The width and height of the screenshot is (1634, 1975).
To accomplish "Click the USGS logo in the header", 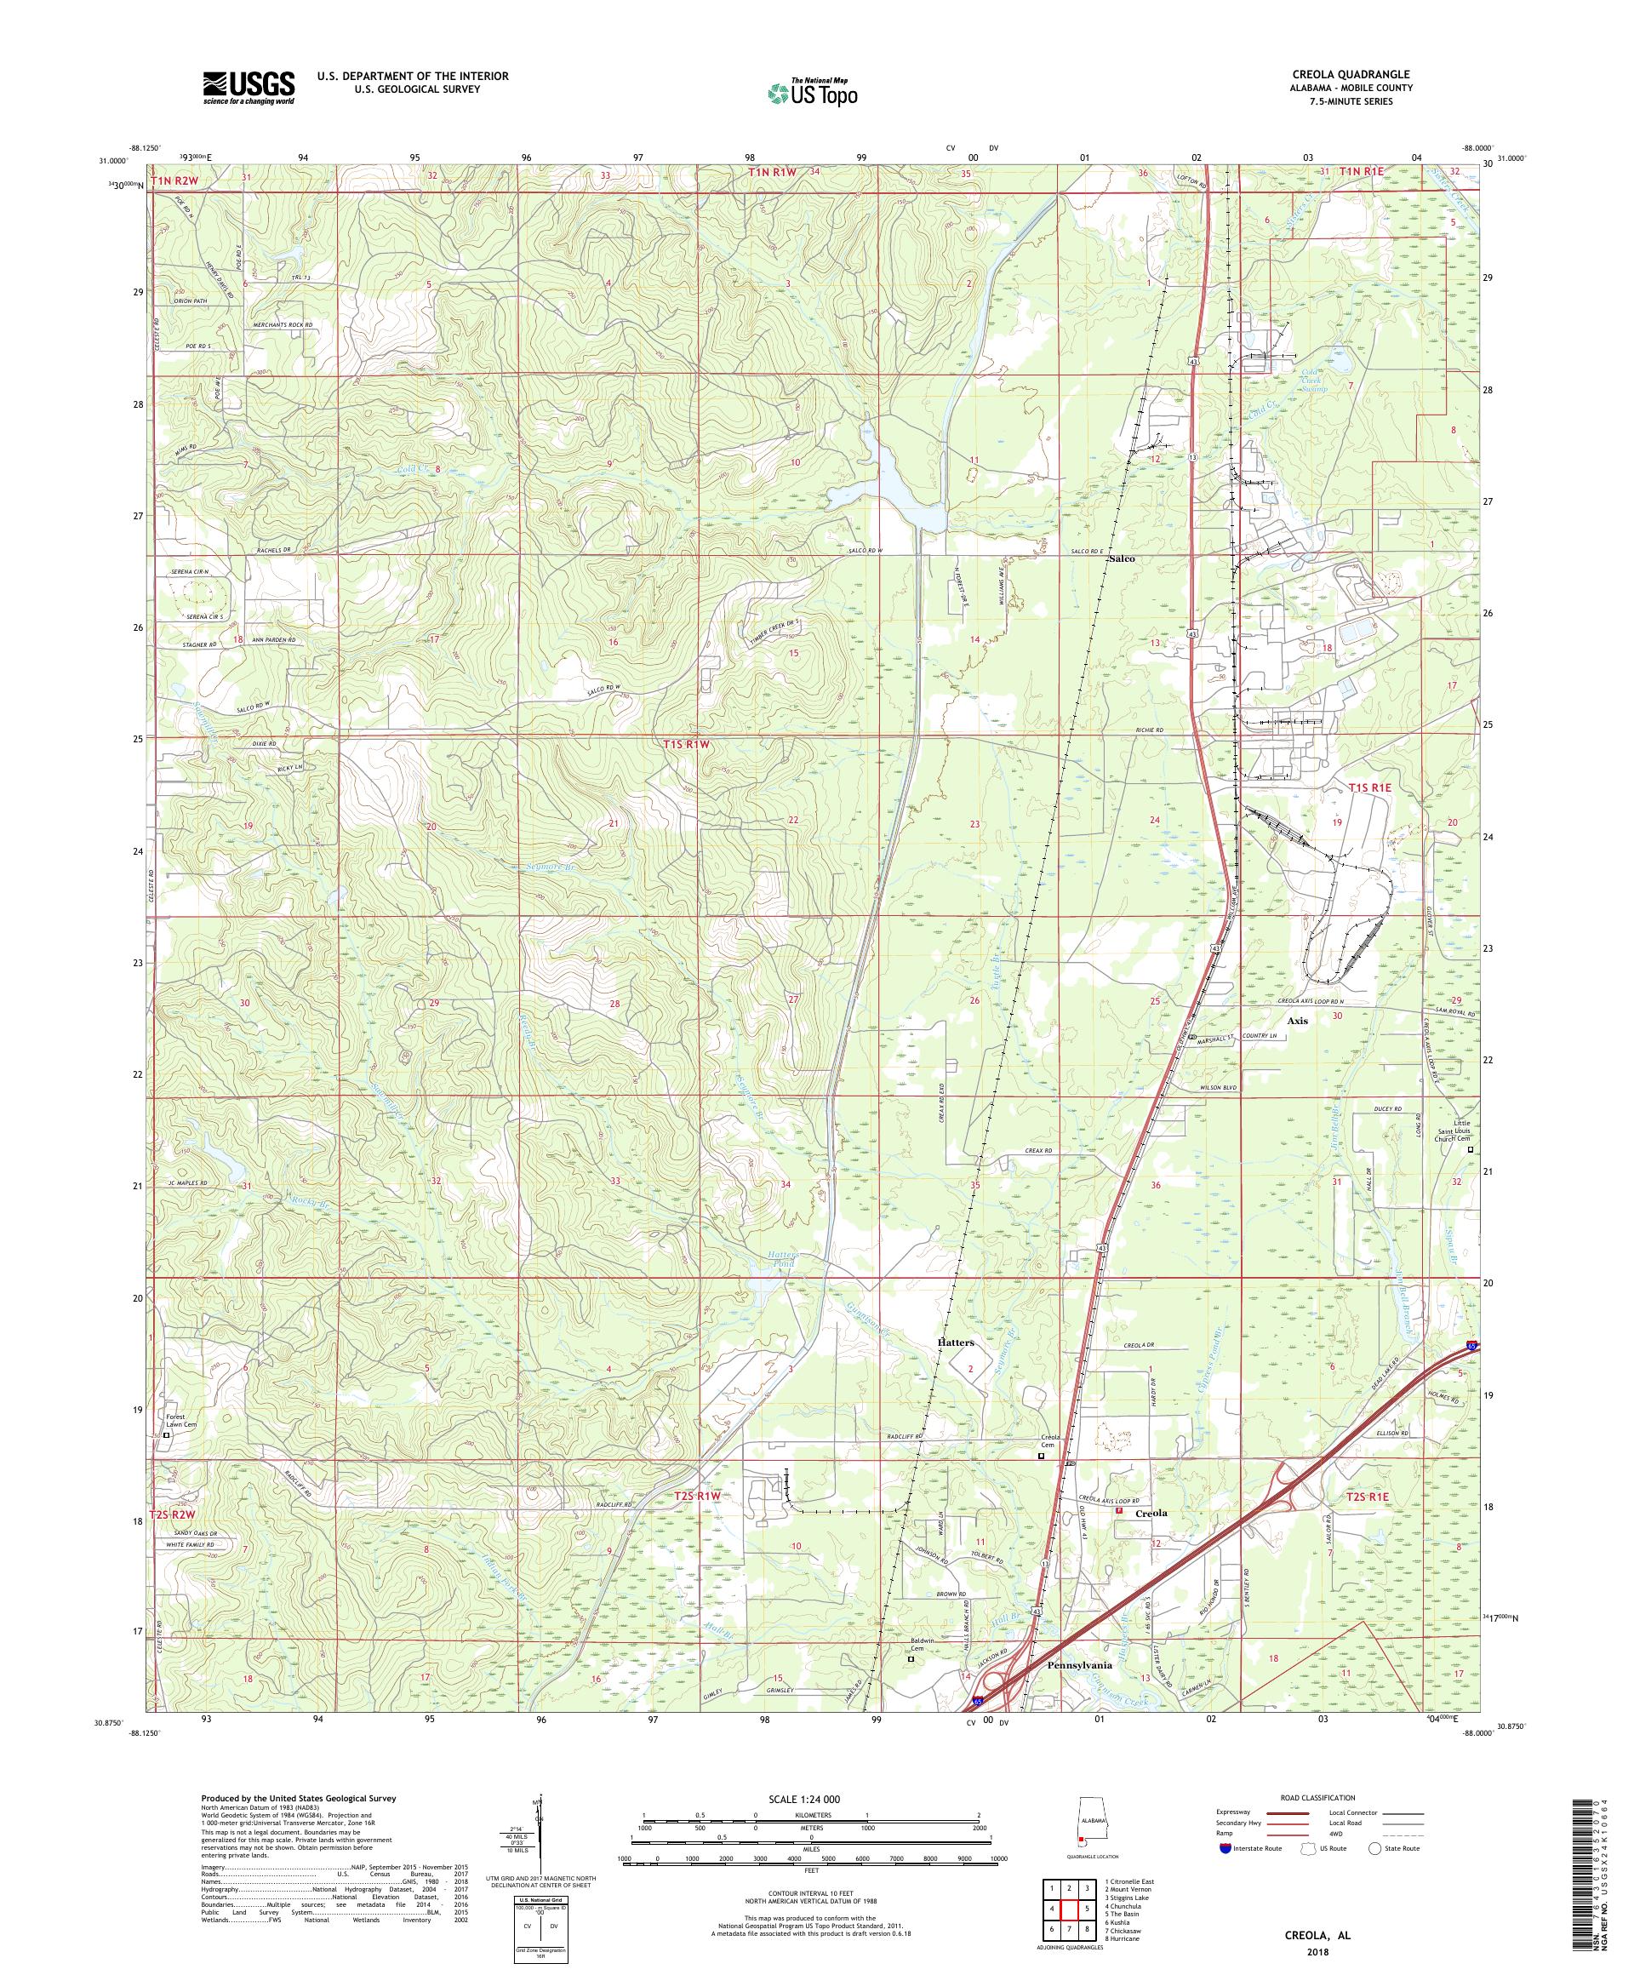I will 249,88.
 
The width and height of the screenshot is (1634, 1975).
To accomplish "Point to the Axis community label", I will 1298,1021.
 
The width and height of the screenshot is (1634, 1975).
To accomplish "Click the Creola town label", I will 1151,1514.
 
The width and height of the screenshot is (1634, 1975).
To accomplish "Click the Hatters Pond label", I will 780,1260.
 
